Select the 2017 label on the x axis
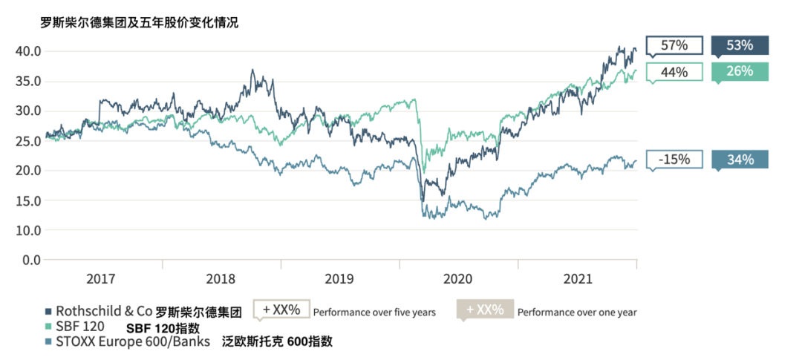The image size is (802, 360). pos(101,279)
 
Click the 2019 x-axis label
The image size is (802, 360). pos(339,279)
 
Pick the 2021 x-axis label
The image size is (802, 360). pos(577,279)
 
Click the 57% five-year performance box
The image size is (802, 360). pos(674,45)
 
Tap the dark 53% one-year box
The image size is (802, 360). pos(740,45)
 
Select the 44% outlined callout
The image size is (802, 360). pos(674,72)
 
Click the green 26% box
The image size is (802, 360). pos(740,71)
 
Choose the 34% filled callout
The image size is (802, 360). pos(740,160)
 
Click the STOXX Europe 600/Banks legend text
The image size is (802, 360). pos(131,341)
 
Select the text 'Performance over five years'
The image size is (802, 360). pos(374,312)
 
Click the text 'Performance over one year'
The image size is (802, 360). pos(577,312)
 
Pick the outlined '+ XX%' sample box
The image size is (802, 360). pos(281,310)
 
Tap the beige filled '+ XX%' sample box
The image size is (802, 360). pos(485,310)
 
